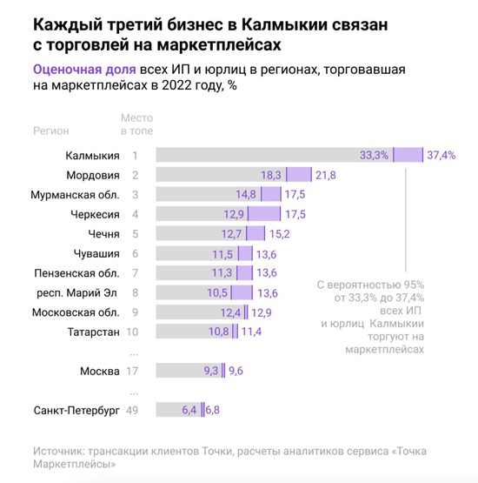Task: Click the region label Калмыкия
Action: click(x=92, y=155)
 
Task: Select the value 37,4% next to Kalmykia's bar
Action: click(x=441, y=155)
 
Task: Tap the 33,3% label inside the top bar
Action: click(x=374, y=155)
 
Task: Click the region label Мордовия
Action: click(x=92, y=175)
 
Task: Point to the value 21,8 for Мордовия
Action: click(x=326, y=175)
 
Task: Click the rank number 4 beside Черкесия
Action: click(x=135, y=214)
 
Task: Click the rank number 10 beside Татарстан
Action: click(x=133, y=332)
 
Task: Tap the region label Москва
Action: click(x=99, y=371)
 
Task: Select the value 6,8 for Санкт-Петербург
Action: click(x=213, y=410)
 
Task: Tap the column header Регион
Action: click(x=51, y=130)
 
